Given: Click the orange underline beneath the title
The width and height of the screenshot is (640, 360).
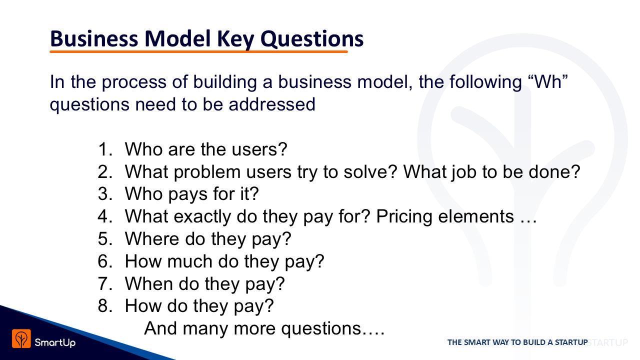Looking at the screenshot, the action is (198, 51).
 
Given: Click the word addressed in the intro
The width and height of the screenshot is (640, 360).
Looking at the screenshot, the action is (272, 104).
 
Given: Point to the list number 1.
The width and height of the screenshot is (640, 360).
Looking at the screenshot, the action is (105, 149).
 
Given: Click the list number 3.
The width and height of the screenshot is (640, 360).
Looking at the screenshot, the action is (105, 194).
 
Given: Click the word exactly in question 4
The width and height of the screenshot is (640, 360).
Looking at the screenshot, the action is (202, 217).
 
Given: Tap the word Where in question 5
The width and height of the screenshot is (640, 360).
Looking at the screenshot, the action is (151, 239).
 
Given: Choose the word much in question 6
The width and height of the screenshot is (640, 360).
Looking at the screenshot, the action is (189, 261).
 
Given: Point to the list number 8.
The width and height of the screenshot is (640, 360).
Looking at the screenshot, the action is (105, 306).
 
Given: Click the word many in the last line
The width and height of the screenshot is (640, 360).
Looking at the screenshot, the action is (205, 329).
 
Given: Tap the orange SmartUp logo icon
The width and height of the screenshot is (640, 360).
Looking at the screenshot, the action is (21, 338).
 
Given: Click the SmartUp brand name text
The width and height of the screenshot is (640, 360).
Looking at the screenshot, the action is (55, 342).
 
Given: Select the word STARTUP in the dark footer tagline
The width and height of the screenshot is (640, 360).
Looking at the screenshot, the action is (571, 342).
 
